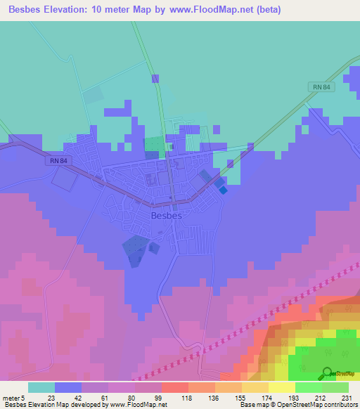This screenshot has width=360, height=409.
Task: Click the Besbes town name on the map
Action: [x=167, y=216]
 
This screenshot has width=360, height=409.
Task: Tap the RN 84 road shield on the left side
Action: [x=59, y=161]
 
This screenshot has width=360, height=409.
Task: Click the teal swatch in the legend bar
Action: [x=41, y=387]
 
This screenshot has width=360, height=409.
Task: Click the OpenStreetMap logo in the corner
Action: [x=328, y=373]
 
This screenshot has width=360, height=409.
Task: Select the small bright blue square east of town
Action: [x=223, y=189]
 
